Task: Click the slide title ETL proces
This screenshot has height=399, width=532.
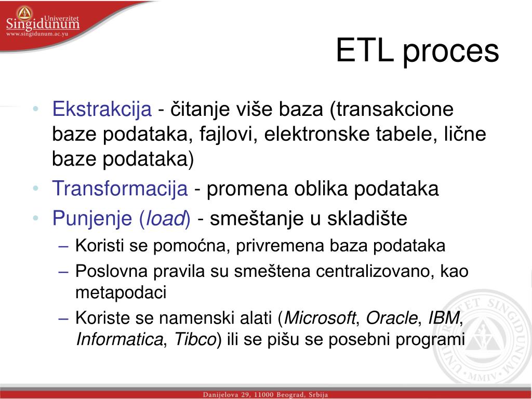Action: pos(417,51)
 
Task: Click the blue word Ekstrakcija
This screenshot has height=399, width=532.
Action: pos(102,110)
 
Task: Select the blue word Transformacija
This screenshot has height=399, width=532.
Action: pos(119,189)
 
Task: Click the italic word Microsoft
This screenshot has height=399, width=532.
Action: pos(320,317)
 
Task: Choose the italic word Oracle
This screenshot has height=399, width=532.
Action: pos(392,317)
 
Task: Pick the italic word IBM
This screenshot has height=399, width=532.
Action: pos(443,317)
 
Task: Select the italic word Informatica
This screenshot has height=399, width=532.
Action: pos(119,340)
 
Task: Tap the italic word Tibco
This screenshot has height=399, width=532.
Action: pos(195,340)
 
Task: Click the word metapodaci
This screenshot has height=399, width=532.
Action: pos(121,292)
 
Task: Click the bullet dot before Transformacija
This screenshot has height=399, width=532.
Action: pos(35,189)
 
